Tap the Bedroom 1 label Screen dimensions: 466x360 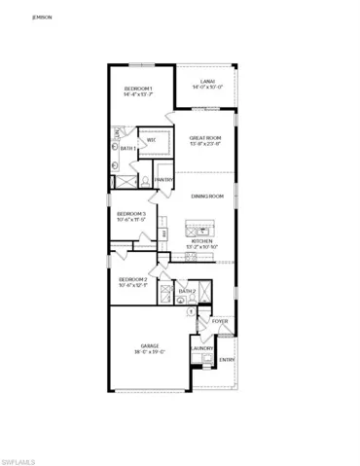138,89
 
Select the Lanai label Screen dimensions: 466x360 207,81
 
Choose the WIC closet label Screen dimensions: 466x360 152,141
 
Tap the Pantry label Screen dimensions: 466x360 163,179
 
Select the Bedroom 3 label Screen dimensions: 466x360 131,213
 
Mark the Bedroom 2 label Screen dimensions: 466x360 131,278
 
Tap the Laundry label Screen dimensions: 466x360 202,348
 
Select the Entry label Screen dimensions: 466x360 227,360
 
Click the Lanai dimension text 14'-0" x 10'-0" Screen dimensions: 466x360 207,88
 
